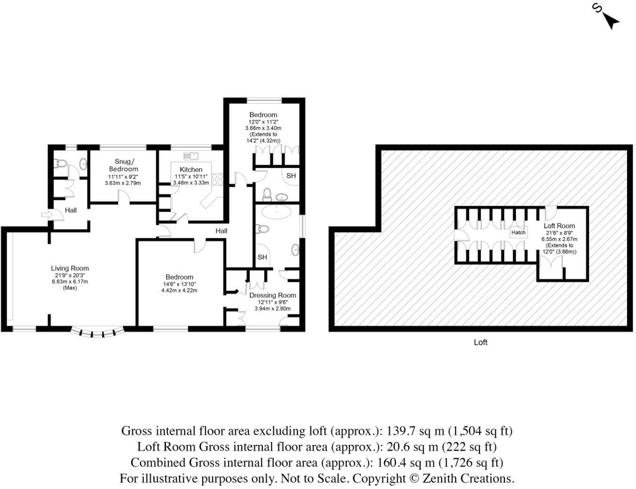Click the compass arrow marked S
click(x=609, y=19)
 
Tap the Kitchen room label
click(x=191, y=169)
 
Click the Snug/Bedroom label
click(x=123, y=165)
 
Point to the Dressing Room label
click(x=272, y=296)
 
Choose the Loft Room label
click(x=559, y=226)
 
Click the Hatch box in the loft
click(x=518, y=232)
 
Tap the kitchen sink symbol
click(x=191, y=155)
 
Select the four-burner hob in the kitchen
click(x=217, y=179)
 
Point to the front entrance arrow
click(x=46, y=215)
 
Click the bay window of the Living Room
click(x=97, y=332)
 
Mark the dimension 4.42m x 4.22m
click(x=179, y=290)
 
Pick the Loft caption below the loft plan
click(x=480, y=342)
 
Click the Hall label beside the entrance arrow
click(x=71, y=210)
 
